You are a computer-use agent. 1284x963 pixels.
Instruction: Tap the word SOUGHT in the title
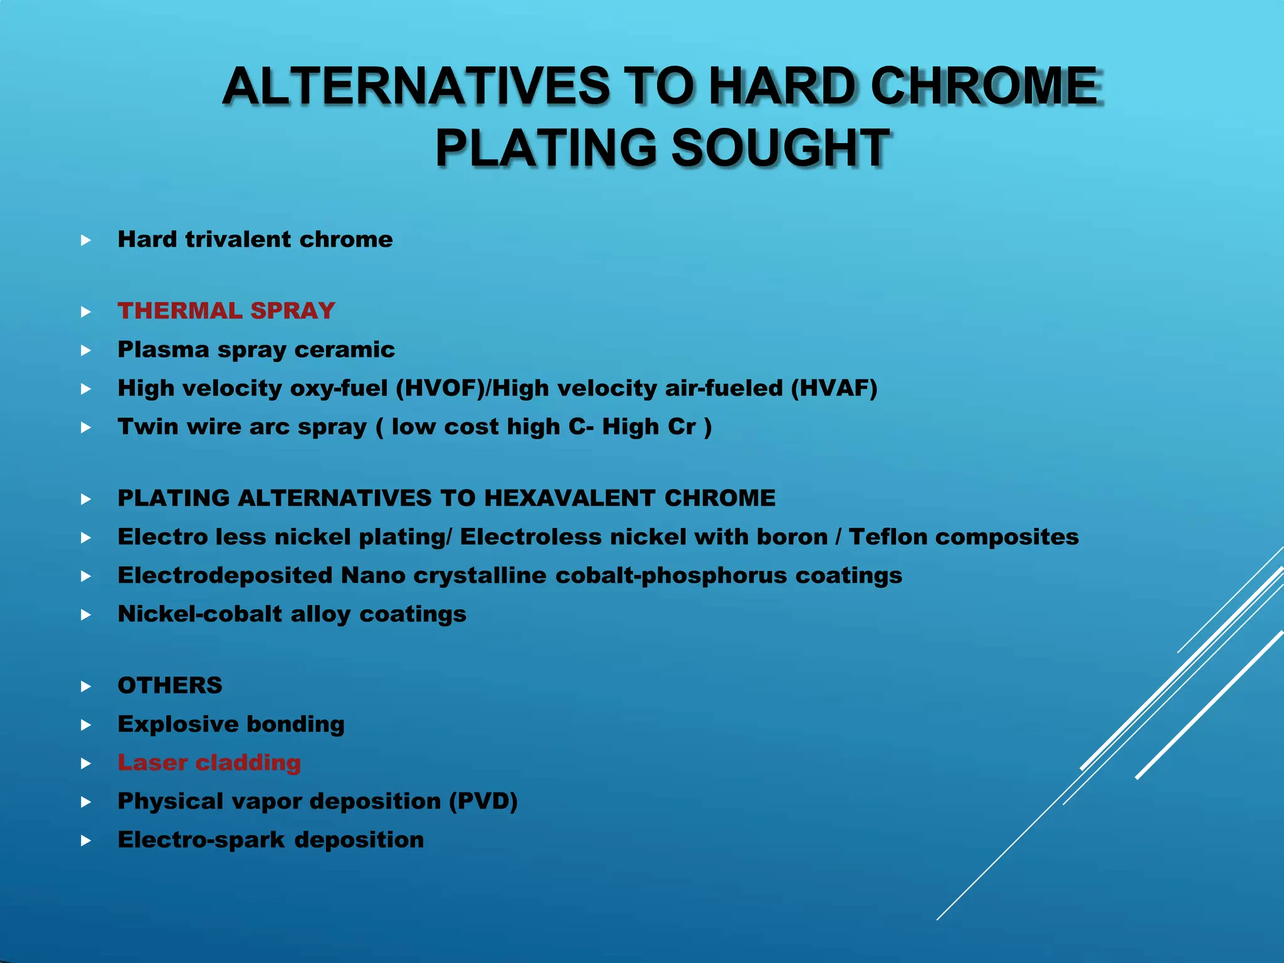780,148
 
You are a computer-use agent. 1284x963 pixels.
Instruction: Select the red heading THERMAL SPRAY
226,311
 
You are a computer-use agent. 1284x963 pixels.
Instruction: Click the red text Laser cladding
209,763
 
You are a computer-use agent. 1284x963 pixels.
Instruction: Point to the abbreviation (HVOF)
440,389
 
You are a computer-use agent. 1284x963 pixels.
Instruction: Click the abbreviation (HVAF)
834,389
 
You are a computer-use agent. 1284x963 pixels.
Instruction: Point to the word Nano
373,576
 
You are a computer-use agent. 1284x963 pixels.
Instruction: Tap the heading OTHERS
170,686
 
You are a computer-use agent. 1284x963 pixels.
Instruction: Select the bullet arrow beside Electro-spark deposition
87,841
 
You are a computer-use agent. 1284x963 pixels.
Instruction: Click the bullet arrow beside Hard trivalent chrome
87,240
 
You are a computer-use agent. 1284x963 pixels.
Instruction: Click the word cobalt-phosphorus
671,576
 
